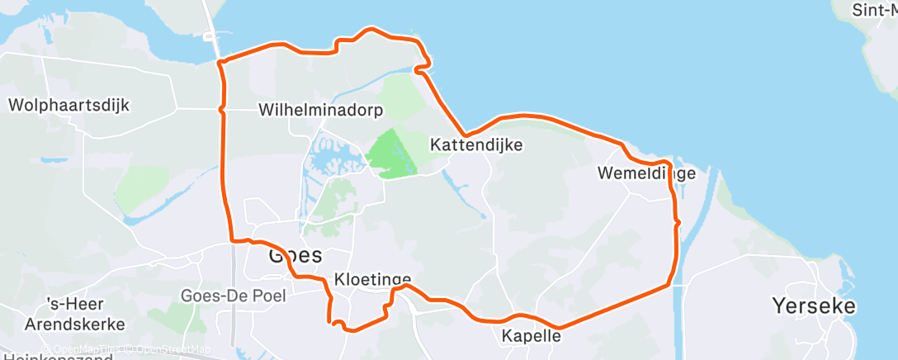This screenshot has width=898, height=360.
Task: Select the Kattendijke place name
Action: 476,144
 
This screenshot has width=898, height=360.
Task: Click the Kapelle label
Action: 532,336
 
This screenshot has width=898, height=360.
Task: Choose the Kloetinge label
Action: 372,279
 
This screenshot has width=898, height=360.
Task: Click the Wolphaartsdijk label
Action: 69,106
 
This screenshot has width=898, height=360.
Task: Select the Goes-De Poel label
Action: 234,296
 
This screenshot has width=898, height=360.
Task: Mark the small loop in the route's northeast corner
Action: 424,63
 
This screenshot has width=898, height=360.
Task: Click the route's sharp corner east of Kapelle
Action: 669,286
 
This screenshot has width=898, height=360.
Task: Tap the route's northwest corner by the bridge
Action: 220,62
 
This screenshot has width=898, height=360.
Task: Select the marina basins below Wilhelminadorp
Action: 330,157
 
